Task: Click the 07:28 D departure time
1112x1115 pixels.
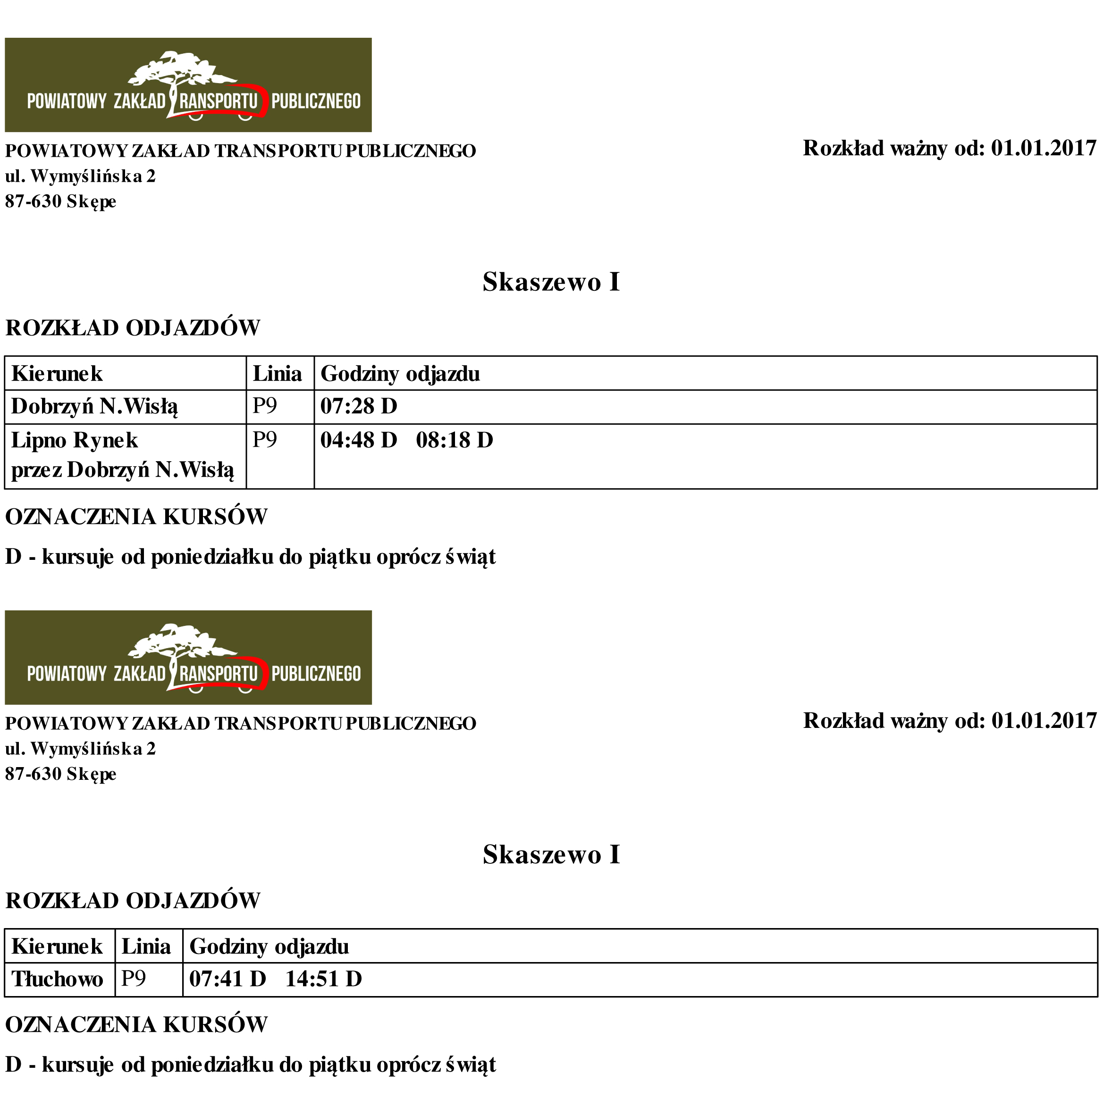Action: point(358,407)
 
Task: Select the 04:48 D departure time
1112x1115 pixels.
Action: point(358,441)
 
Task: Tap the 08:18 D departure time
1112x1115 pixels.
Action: point(454,441)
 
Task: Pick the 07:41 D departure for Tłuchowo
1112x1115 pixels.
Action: point(227,980)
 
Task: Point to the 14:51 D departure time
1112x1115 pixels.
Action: point(323,980)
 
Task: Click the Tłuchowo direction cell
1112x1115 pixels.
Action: point(57,980)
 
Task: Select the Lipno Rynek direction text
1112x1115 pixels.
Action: point(75,441)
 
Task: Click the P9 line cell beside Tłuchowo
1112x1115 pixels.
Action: point(133,980)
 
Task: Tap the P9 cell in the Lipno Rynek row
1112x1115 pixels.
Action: point(264,440)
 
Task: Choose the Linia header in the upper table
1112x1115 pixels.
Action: point(277,374)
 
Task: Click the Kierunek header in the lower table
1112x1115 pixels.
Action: point(57,947)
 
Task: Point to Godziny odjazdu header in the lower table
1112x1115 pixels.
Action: point(269,947)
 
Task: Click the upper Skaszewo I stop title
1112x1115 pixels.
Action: point(551,282)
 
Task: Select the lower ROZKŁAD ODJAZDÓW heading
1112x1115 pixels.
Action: point(133,901)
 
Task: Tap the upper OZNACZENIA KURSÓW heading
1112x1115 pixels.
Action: point(136,517)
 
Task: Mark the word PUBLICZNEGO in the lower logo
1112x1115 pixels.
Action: point(316,674)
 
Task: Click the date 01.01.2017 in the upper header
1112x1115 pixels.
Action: point(1044,148)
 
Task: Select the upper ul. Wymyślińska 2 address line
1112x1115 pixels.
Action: point(80,176)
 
